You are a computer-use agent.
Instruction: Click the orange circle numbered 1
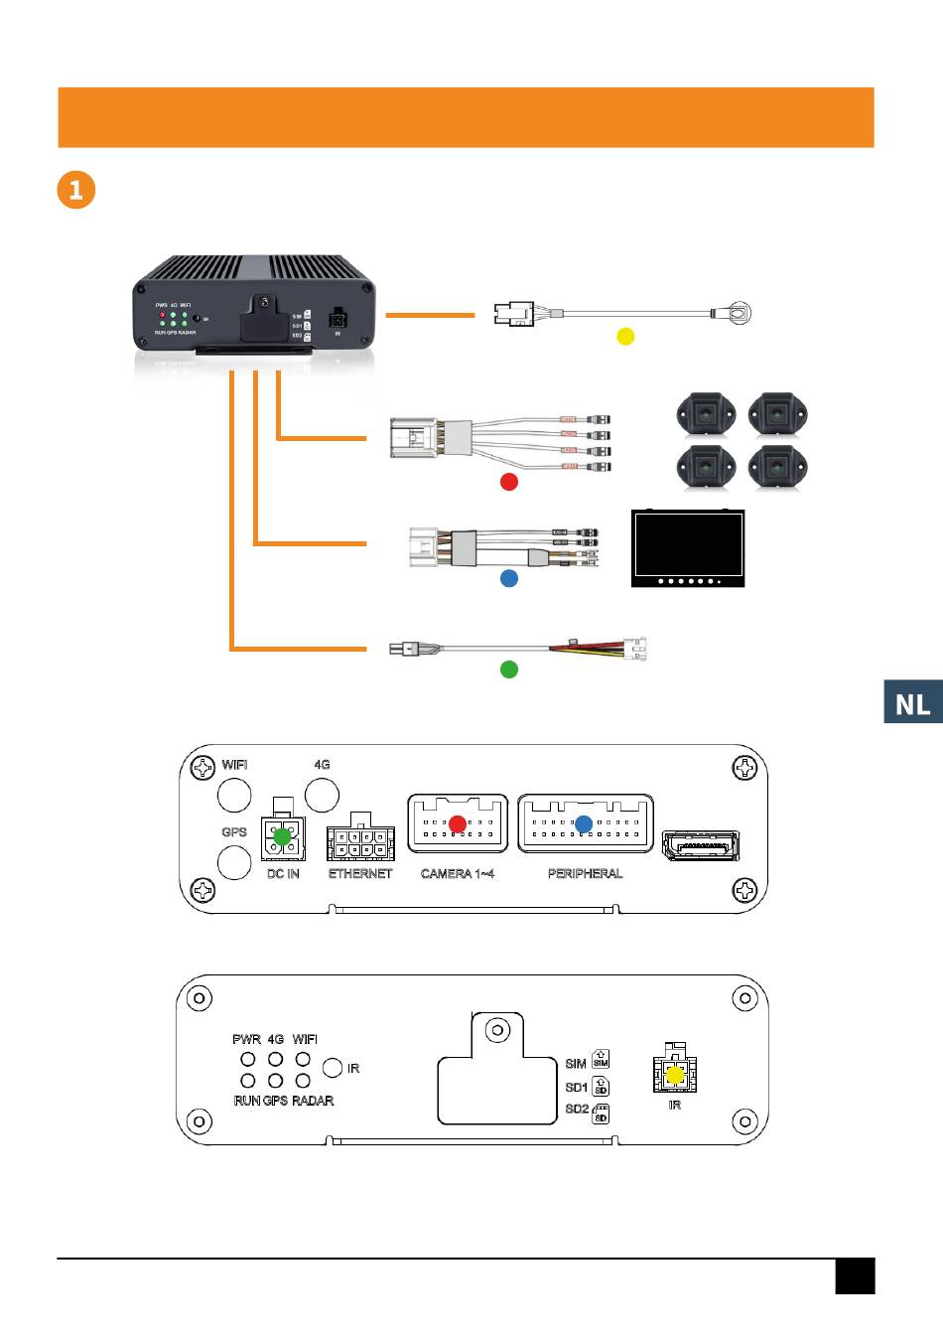pos(76,189)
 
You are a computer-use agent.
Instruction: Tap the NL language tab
pos(913,703)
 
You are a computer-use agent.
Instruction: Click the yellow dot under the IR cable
pos(625,336)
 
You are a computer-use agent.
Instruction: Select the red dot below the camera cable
pos(508,482)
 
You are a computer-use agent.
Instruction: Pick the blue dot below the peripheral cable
pos(508,577)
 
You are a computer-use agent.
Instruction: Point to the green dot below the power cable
pos(508,669)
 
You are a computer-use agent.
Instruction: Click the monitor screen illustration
pos(688,547)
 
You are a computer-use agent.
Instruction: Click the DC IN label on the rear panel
pos(283,874)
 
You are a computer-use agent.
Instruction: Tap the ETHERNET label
pos(360,874)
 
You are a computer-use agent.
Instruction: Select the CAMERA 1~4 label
pos(458,874)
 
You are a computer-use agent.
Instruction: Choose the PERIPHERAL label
pos(585,874)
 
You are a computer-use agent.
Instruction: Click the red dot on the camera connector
pos(458,823)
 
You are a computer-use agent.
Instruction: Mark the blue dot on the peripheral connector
pos(584,823)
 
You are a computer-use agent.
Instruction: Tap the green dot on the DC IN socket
pos(282,836)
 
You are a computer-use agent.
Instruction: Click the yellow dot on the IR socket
pos(675,1075)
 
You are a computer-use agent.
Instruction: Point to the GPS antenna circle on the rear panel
pos(234,862)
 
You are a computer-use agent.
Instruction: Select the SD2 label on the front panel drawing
pos(577,1109)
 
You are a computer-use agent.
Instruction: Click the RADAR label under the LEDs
pos(313,1101)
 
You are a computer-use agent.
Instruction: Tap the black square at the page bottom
pos(855,1276)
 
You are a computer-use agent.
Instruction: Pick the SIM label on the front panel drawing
pos(576,1064)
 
